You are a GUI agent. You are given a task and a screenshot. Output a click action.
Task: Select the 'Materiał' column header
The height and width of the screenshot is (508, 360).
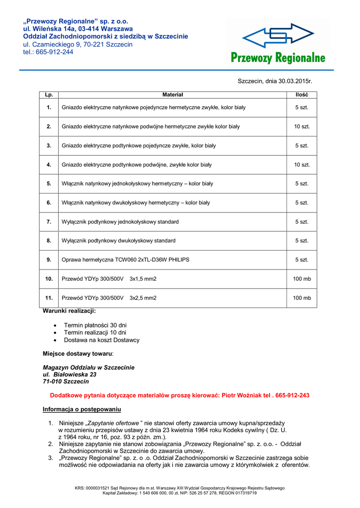[x=173, y=95]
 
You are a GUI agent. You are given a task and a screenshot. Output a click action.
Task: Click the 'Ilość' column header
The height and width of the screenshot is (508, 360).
[x=302, y=95]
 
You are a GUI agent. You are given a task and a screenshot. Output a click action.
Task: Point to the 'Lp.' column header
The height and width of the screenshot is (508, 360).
[x=49, y=95]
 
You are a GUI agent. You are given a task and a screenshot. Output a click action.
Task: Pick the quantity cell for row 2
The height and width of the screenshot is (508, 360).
[x=302, y=127]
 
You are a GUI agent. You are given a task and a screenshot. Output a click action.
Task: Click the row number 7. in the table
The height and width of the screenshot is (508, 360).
[x=49, y=222]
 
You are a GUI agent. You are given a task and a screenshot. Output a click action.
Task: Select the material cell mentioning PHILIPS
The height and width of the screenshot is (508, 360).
[x=125, y=259]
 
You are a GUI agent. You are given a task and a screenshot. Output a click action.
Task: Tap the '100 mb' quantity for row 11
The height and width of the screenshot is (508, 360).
[x=302, y=298]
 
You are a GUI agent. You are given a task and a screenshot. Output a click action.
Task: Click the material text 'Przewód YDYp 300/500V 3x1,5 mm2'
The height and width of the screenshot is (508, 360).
[x=109, y=279]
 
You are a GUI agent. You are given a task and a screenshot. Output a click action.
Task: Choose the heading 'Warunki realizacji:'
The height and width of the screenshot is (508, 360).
[x=70, y=311]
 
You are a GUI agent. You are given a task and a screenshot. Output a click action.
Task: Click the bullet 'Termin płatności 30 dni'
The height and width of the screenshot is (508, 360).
[x=95, y=325]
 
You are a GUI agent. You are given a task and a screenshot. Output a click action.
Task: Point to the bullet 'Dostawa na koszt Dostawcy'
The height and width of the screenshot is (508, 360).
[x=102, y=340]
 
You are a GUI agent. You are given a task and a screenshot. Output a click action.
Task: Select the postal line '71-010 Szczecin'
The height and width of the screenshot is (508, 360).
[x=66, y=381]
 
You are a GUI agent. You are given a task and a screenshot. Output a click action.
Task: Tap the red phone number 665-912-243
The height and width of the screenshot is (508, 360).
[x=292, y=395]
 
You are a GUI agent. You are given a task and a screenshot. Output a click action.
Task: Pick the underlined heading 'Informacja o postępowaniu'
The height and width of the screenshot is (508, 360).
[x=81, y=409]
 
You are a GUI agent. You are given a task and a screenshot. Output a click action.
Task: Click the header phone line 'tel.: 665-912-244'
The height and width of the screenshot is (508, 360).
[x=48, y=52]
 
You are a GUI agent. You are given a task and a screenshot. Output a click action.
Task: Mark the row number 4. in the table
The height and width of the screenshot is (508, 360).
[x=49, y=165]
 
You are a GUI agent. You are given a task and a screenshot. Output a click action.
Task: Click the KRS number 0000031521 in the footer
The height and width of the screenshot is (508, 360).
[x=99, y=488]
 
